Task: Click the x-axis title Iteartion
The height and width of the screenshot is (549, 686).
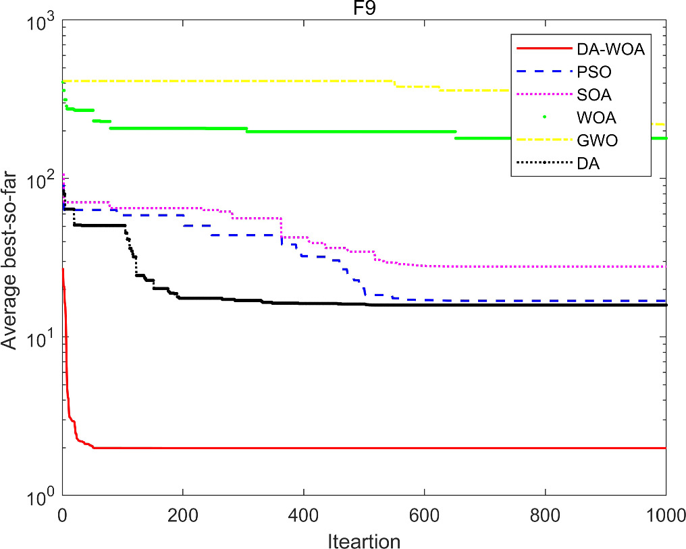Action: click(x=365, y=540)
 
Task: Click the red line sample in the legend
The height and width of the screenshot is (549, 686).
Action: click(x=541, y=49)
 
